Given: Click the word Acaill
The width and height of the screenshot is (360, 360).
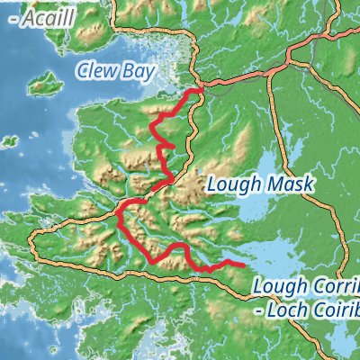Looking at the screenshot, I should click(35, 17).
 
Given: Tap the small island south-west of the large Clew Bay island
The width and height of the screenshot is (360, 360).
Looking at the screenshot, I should click(9, 141).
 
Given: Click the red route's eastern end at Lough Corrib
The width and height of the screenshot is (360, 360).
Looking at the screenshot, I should click(245, 265).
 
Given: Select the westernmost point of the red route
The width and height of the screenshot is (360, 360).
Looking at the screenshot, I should click(117, 213).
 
